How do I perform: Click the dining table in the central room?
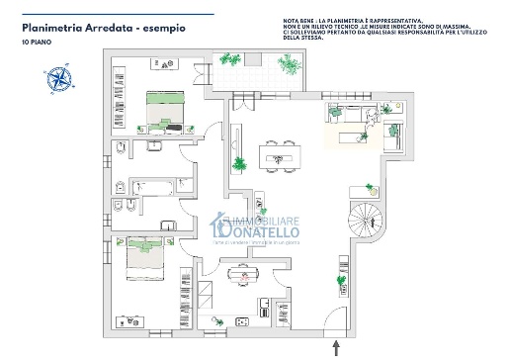279,154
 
